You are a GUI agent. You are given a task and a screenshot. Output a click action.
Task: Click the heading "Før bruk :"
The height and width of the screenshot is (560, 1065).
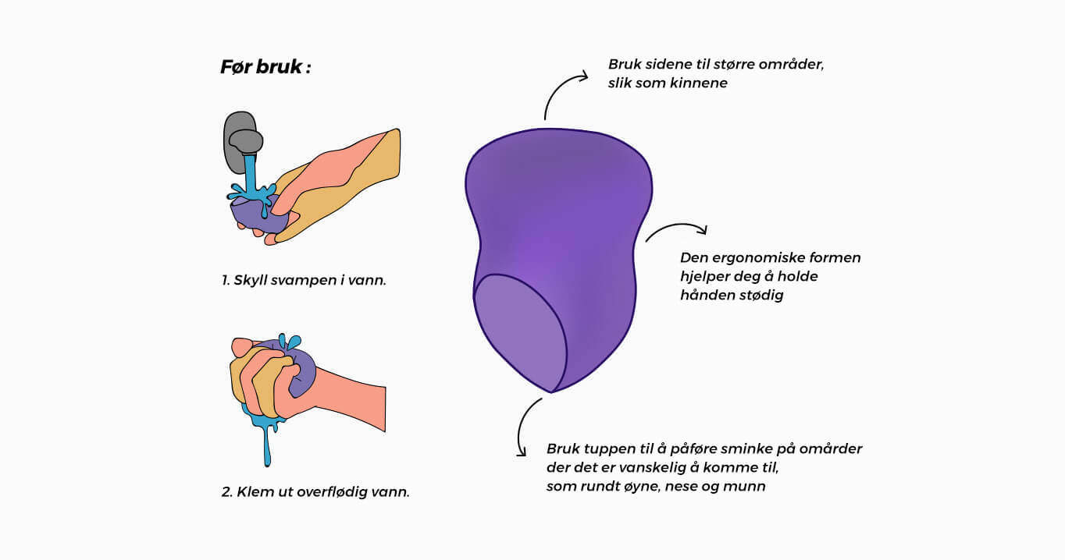(265, 67)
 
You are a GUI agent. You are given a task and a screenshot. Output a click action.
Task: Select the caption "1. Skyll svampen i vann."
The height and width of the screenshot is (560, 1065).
(304, 280)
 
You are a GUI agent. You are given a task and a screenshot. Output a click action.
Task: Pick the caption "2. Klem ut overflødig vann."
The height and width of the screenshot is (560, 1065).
(315, 491)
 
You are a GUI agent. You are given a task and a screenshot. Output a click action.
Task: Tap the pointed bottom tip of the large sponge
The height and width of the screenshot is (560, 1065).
(551, 392)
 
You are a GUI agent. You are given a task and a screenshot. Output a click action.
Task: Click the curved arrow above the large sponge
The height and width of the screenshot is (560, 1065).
(557, 87)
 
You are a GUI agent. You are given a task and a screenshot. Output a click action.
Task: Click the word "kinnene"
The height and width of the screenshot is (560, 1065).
(698, 83)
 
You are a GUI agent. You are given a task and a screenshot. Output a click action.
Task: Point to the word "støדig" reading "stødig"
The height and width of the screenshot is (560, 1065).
(759, 296)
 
